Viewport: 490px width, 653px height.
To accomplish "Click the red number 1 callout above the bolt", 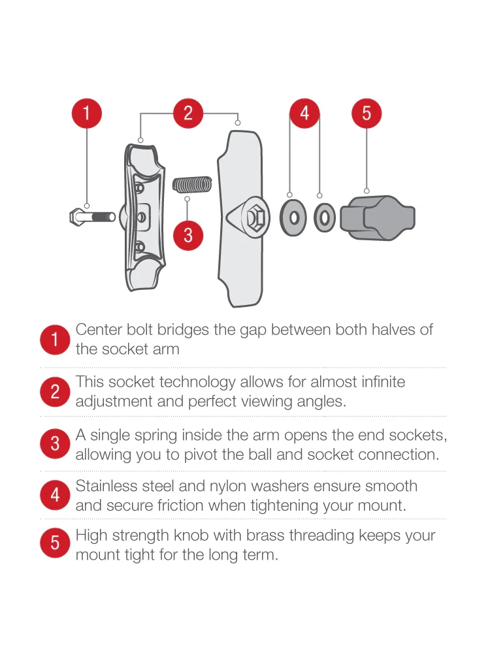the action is (x=87, y=113).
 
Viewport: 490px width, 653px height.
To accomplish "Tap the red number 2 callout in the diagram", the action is (x=188, y=113).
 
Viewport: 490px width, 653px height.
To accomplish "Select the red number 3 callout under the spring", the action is (x=188, y=235).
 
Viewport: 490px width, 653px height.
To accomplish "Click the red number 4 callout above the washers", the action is (x=304, y=113).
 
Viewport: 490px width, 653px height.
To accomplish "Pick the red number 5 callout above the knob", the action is (x=367, y=113).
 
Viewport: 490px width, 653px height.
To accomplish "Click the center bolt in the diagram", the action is (x=93, y=217).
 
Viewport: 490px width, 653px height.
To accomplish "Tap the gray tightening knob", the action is (x=378, y=218).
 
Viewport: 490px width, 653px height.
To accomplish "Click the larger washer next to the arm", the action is (x=293, y=218).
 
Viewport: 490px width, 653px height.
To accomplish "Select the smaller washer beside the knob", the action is (x=325, y=218).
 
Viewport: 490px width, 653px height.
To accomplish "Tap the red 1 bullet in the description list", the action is (x=55, y=340).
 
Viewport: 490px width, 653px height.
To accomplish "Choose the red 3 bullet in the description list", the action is (x=55, y=444).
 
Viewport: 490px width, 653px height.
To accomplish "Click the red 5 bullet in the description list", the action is (x=55, y=543).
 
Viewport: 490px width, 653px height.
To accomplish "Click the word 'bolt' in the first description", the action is (x=140, y=329).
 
